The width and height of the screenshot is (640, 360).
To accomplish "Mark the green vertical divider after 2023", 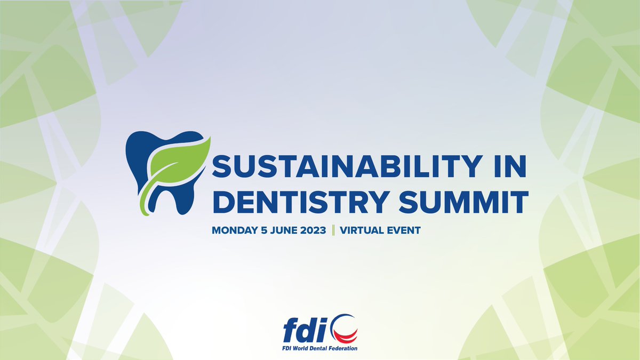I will tap(333, 230).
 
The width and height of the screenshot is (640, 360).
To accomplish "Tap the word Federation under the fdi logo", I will tap(347, 348).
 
